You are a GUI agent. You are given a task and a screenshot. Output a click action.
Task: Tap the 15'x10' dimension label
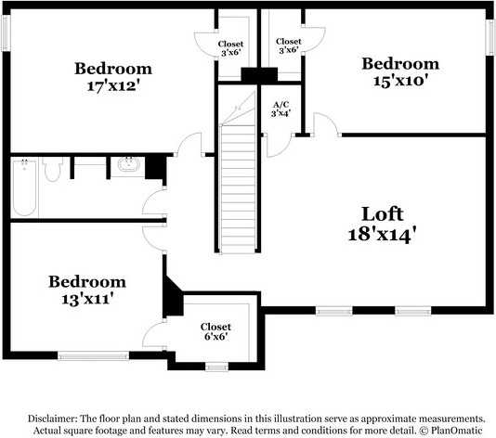tap(400, 81)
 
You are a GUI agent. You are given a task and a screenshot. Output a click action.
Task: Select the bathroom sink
tap(128, 166)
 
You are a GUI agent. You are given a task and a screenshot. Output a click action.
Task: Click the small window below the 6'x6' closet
tap(216, 367)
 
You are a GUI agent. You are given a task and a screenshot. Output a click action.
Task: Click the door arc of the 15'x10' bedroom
tap(325, 124)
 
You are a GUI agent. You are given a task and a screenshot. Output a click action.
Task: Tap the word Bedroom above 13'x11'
tap(87, 281)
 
